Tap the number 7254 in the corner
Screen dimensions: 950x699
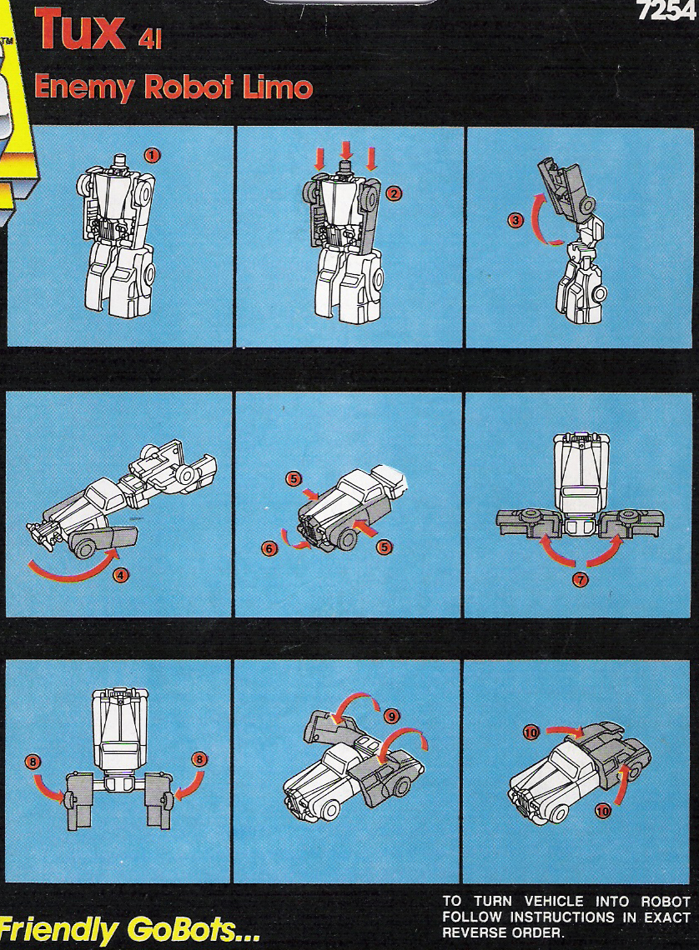point(666,11)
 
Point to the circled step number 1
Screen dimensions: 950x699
point(152,155)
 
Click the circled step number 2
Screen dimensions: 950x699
point(395,194)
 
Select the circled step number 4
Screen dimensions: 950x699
point(121,574)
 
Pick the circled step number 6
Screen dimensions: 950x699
point(269,548)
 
